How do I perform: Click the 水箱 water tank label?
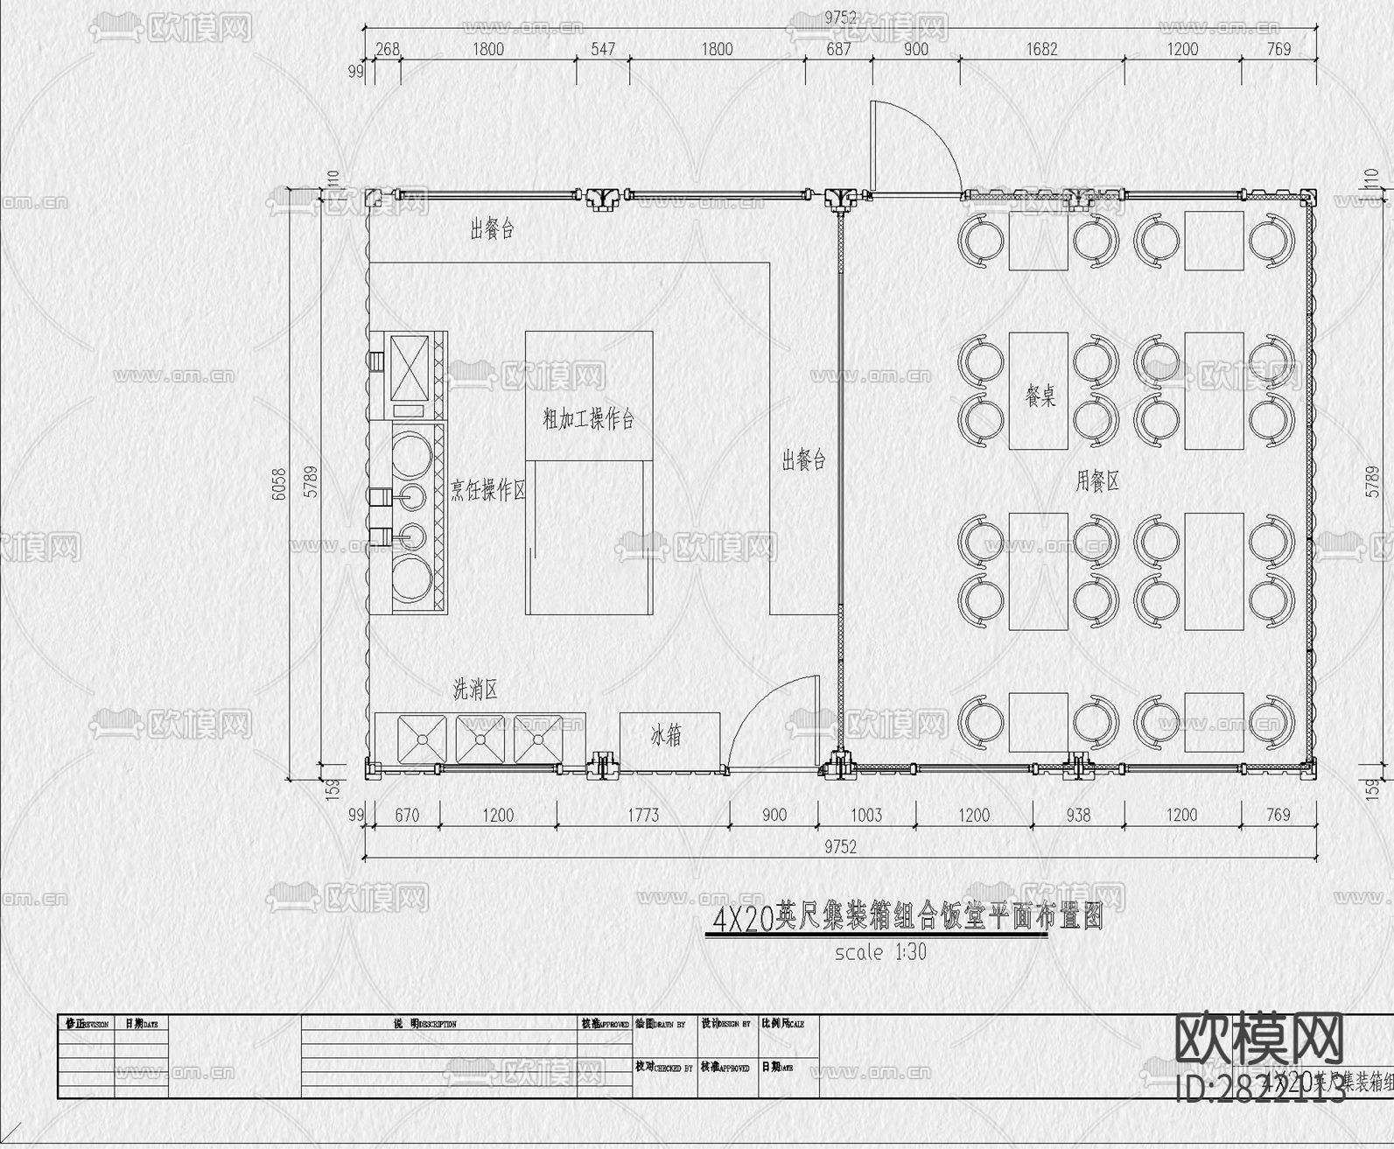click(666, 736)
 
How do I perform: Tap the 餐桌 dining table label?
click(1040, 396)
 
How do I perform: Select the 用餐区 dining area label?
click(1097, 480)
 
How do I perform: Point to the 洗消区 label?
click(475, 690)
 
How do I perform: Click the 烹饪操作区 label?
click(488, 490)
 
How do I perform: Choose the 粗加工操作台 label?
click(588, 419)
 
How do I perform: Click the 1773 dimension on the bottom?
click(643, 815)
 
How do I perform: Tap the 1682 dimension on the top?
click(1041, 49)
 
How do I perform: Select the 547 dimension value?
click(602, 49)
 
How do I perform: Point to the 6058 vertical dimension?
click(279, 484)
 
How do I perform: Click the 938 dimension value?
click(1078, 815)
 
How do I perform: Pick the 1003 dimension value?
click(866, 815)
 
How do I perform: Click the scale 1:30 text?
click(880, 952)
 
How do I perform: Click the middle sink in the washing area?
click(480, 739)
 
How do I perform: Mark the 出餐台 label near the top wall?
click(492, 229)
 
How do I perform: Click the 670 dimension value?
click(407, 815)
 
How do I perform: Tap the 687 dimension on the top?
click(838, 49)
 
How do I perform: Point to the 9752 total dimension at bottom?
click(840, 846)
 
